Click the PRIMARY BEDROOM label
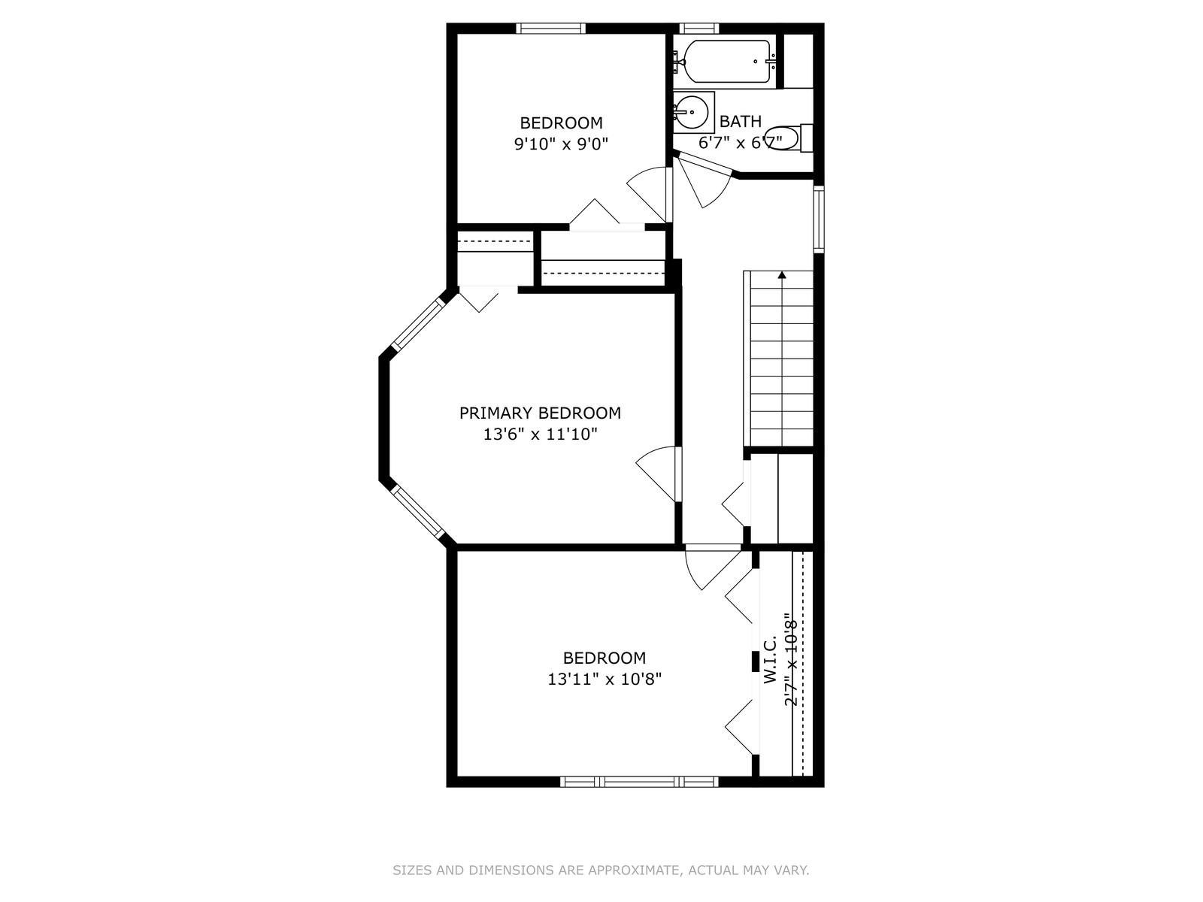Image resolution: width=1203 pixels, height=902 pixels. (540, 413)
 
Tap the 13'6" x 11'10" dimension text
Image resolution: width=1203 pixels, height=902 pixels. (540, 434)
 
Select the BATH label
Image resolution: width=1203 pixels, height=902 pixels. (741, 121)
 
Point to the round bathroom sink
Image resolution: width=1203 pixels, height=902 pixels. (691, 112)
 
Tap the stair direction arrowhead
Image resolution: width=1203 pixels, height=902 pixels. (781, 274)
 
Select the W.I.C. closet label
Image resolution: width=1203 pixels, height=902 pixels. (770, 659)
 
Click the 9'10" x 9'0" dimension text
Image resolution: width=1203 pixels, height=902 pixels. (561, 144)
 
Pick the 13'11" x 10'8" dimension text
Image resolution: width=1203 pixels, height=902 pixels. (605, 679)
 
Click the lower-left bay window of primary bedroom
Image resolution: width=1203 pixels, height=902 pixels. (417, 513)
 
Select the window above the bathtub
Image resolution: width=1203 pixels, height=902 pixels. (698, 29)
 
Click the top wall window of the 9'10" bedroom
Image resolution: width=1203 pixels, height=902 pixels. (551, 29)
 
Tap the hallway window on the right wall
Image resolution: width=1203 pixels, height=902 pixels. (818, 219)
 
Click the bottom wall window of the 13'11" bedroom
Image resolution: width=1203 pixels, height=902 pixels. (639, 782)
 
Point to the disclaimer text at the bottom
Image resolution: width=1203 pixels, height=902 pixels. (601, 870)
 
